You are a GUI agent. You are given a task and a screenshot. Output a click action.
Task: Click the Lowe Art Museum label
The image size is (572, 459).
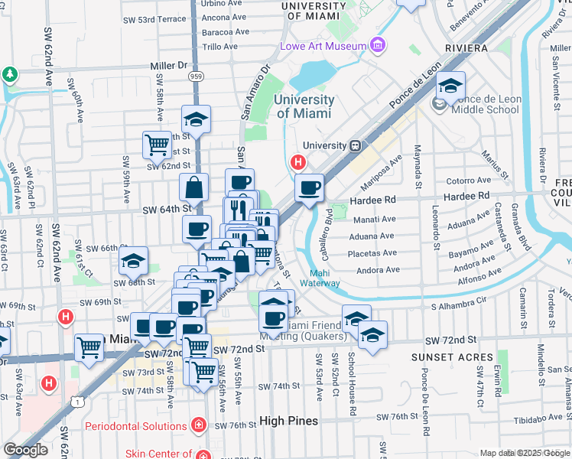324,46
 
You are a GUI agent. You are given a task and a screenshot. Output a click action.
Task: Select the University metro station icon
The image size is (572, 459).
355,145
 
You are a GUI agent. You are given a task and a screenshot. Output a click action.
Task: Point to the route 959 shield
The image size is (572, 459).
197,76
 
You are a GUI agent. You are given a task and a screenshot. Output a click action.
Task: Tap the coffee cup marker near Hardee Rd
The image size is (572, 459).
309,187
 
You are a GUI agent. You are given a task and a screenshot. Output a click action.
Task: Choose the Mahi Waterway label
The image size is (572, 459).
325,278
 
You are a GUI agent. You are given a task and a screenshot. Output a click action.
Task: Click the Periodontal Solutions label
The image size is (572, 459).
137,425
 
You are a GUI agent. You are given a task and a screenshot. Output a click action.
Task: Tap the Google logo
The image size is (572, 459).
26,450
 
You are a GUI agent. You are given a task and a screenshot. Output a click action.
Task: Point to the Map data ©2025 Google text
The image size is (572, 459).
523,453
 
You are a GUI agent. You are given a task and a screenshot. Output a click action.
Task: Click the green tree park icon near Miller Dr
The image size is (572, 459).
9,75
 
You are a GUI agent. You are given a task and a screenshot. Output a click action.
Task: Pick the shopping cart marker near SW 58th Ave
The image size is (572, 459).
157,143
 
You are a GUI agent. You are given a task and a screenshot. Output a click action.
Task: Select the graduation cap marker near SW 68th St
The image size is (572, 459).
133,262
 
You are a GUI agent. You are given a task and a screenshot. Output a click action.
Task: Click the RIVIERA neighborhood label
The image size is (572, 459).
463,48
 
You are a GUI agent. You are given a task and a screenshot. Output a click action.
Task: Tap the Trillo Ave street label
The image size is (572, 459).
221,47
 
